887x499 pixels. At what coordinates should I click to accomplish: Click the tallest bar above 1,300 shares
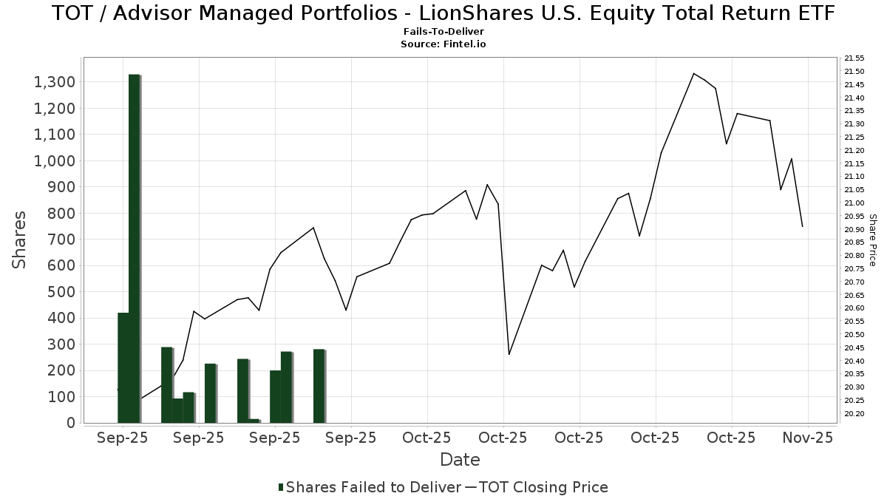(x=135, y=248)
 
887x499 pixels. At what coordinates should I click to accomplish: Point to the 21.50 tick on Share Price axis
(x=854, y=72)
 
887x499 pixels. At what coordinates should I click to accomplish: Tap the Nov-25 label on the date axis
(x=808, y=438)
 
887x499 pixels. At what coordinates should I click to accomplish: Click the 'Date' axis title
(x=460, y=460)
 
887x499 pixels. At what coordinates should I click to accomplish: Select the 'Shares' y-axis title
(x=21, y=240)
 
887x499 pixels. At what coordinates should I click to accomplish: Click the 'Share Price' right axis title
(x=872, y=240)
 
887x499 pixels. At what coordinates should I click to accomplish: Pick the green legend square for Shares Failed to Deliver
(x=281, y=487)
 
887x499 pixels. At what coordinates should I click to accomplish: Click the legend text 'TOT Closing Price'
(x=543, y=487)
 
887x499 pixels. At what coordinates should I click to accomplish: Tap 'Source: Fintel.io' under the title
(x=443, y=44)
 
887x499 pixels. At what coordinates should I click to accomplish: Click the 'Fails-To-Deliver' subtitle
(x=443, y=32)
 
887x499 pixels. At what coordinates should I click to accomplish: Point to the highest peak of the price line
(x=693, y=73)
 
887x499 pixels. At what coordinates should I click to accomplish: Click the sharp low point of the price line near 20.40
(x=509, y=354)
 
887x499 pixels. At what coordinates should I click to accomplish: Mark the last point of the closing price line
(x=802, y=226)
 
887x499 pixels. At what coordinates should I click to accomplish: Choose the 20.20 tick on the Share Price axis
(x=854, y=414)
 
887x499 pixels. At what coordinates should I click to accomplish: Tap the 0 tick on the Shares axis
(x=71, y=423)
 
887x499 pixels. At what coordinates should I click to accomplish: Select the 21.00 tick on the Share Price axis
(x=854, y=203)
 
